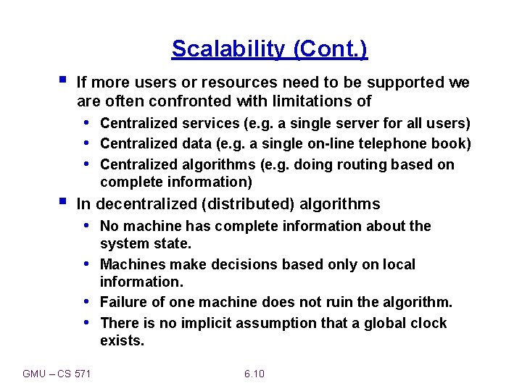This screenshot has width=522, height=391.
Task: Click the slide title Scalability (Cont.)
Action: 270,49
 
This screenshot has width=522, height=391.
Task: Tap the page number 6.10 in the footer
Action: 254,374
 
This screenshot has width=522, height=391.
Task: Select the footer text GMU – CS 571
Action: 57,374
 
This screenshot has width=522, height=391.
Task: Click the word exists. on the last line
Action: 122,340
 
